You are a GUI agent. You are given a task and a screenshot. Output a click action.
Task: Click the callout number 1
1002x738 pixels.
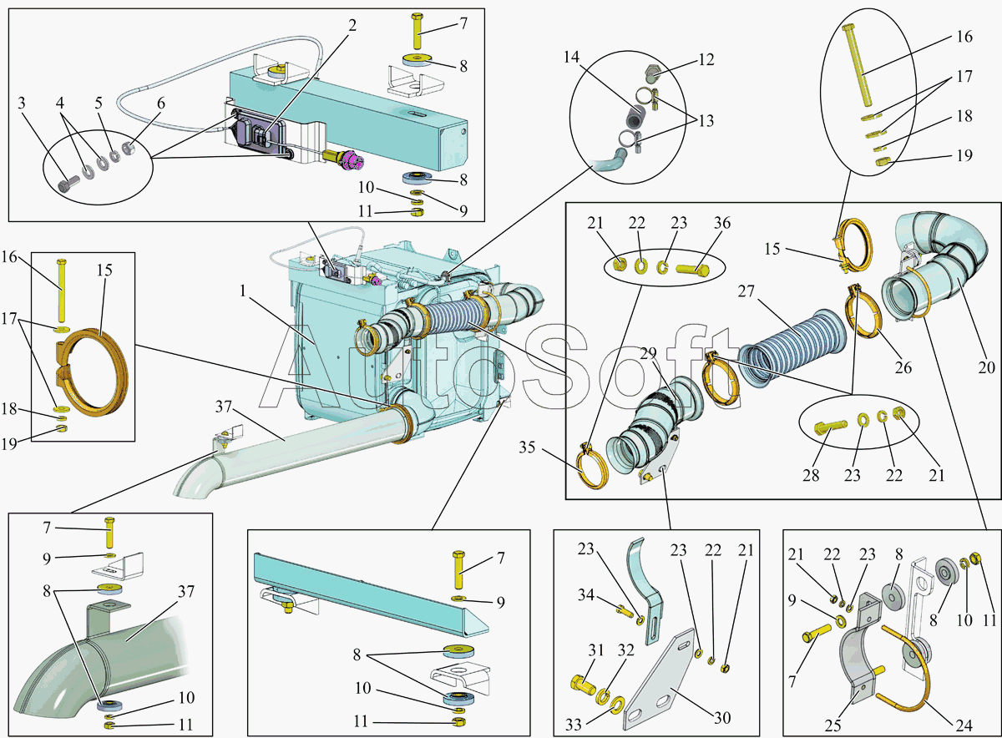(243, 291)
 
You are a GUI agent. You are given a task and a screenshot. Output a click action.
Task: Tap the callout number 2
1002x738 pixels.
(352, 26)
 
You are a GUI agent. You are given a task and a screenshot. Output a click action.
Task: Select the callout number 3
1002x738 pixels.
(21, 104)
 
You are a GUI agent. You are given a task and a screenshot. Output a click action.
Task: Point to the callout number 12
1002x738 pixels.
(706, 60)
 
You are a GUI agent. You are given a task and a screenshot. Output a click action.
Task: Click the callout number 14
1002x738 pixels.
(571, 58)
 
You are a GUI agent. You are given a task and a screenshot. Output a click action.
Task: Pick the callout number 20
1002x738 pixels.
(986, 367)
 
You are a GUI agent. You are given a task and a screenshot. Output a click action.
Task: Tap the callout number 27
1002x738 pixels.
(746, 291)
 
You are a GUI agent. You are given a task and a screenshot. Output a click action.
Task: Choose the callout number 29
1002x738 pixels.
(648, 353)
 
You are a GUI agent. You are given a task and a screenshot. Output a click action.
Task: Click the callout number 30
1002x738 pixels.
(722, 718)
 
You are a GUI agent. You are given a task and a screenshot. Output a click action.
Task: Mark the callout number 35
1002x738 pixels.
(527, 447)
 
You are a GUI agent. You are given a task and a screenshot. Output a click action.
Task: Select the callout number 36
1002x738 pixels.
(722, 223)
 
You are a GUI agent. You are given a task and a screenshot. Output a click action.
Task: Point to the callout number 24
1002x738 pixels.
(964, 725)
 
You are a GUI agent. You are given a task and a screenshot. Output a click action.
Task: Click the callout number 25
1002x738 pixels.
(833, 725)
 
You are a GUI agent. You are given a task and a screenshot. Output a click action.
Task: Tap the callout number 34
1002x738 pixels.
(586, 595)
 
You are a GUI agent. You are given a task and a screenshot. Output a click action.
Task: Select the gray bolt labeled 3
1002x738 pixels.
(68, 184)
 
